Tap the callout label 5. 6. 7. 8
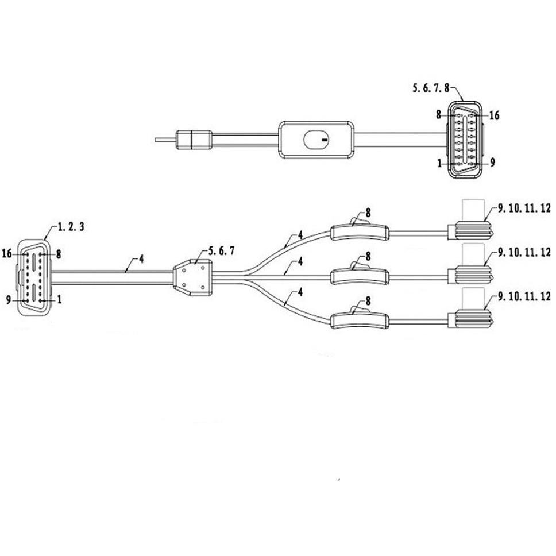(431, 87)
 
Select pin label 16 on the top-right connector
(494, 115)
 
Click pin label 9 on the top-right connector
(492, 163)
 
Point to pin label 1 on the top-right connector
(440, 163)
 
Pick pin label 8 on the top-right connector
(439, 114)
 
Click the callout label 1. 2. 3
(71, 226)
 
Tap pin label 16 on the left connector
(7, 253)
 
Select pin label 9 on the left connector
(9, 300)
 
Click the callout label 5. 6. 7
(221, 250)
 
